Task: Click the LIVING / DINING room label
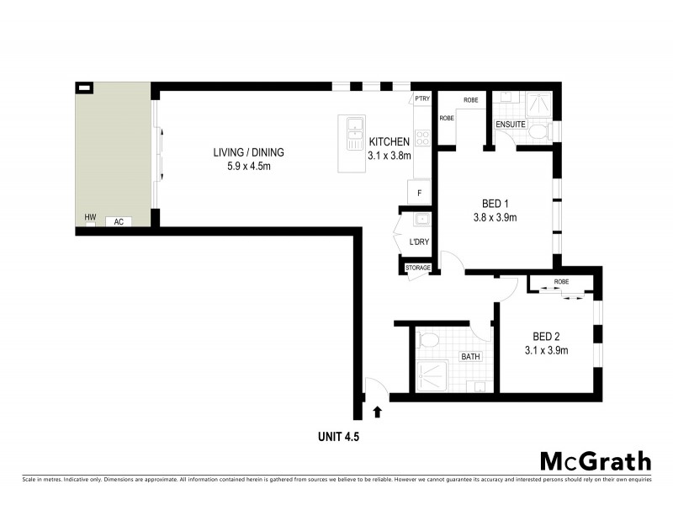coord(248,152)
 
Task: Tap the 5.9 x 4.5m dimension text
coord(248,167)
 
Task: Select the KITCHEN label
coord(389,141)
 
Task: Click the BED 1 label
coord(495,204)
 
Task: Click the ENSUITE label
coord(511,125)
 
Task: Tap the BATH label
coord(470,356)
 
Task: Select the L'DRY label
coord(418,242)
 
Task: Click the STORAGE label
coord(418,268)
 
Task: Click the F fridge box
coord(419,193)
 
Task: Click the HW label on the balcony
coord(89,218)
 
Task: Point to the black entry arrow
coord(377,412)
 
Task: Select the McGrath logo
coord(595,460)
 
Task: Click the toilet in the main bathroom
coord(428,340)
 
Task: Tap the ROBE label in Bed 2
coord(561,282)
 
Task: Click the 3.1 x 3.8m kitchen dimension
coord(389,156)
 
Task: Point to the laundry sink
coord(421,221)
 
